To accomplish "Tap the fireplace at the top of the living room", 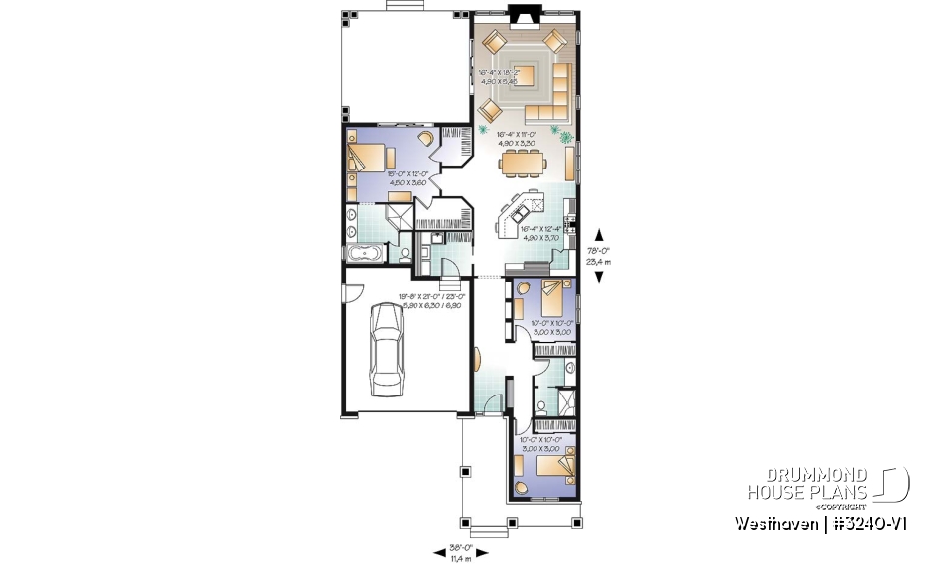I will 522,13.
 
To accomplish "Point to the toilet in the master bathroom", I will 407,255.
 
